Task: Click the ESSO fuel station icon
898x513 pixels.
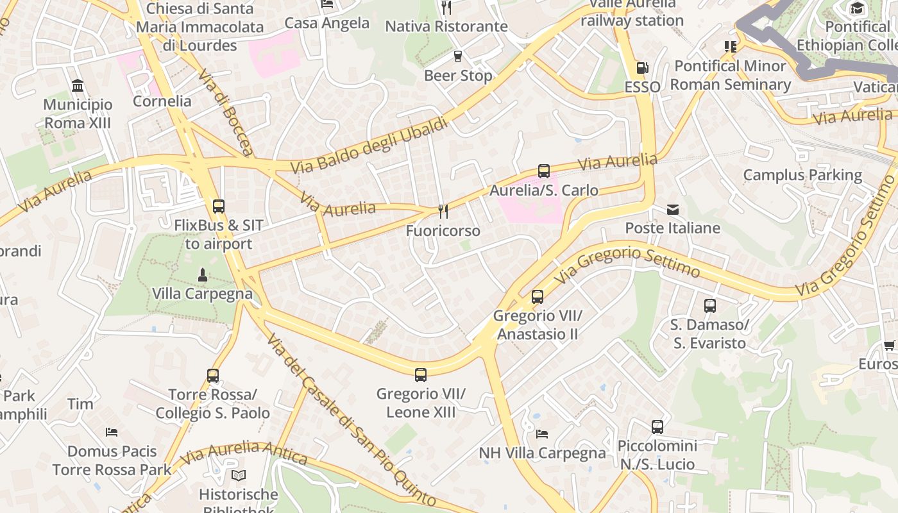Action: pos(642,68)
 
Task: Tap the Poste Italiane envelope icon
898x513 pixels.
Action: pos(673,210)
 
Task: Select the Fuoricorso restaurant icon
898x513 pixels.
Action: pos(443,211)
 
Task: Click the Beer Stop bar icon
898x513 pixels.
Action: pos(458,56)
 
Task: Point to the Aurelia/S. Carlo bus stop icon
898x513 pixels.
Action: pos(544,171)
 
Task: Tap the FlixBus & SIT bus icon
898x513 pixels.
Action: pos(219,206)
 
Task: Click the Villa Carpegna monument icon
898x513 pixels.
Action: pos(203,275)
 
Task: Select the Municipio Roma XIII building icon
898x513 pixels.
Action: pos(78,86)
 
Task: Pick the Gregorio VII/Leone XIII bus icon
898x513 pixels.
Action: pos(421,375)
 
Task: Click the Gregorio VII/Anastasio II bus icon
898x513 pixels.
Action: pos(538,297)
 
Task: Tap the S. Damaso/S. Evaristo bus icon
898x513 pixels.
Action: pos(709,306)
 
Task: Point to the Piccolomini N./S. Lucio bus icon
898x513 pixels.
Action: pos(657,427)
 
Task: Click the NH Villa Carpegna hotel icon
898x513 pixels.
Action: pos(542,434)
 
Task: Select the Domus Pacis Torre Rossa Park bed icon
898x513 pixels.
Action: pos(112,432)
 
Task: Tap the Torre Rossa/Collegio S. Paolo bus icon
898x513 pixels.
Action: pos(213,376)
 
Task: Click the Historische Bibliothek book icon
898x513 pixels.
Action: pos(239,476)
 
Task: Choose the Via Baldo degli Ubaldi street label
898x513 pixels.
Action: pos(369,146)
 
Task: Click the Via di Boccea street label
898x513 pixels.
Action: pos(226,112)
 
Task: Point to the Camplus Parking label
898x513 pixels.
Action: pos(802,175)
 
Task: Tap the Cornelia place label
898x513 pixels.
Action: pos(162,101)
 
